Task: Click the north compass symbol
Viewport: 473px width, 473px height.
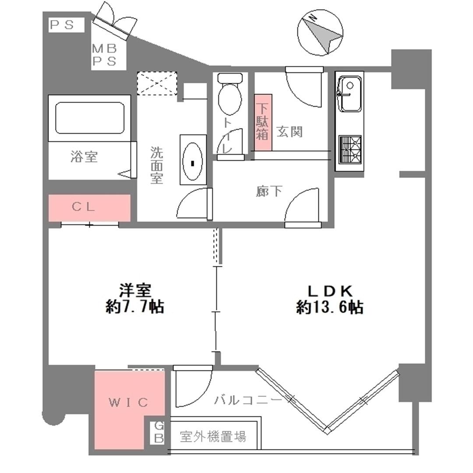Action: pos(320,32)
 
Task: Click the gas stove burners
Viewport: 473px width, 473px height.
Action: pos(350,150)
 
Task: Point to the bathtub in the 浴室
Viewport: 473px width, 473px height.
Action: pos(90,118)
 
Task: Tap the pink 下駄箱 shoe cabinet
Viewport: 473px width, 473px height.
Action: pos(263,123)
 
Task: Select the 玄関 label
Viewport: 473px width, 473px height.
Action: pos(289,131)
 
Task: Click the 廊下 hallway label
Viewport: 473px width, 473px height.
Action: pos(269,191)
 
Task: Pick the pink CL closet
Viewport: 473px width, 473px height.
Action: pos(90,208)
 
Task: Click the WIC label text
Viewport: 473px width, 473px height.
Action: pos(128,402)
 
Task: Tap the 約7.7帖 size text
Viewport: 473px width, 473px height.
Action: pos(134,307)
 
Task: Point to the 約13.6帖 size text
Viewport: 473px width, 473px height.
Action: pos(330,307)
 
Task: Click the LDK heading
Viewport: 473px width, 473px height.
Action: pos(330,291)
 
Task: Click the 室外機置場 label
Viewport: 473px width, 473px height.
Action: pos(213,436)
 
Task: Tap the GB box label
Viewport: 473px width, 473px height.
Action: pos(159,432)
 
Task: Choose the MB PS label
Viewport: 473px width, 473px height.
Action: pos(104,55)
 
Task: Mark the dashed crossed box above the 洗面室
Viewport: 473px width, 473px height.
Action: pos(157,83)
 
